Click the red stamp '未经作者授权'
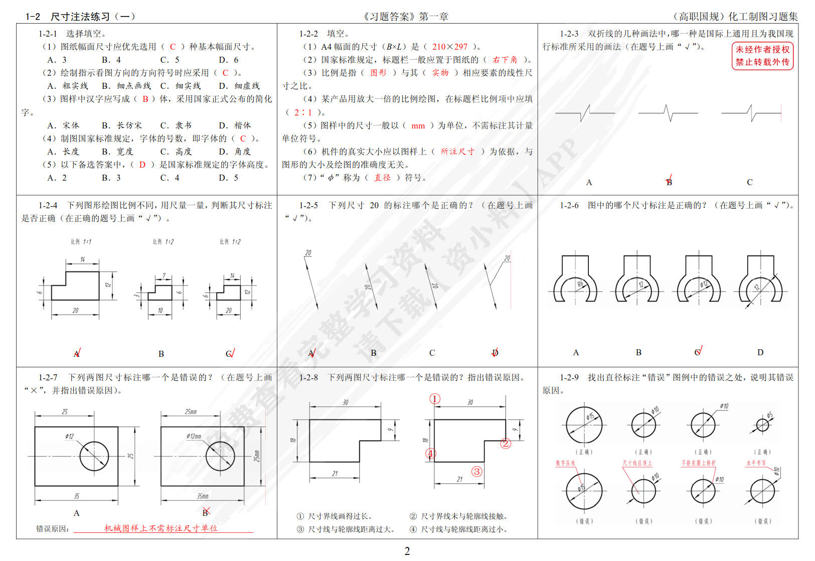click(762, 50)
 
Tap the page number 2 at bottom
click(407, 551)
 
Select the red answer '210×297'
click(449, 47)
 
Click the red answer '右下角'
click(505, 60)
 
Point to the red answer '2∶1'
click(303, 112)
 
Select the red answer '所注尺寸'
click(457, 152)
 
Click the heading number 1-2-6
click(569, 205)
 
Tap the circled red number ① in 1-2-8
click(435, 399)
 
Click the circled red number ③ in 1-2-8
click(476, 471)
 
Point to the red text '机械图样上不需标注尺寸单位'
click(160, 528)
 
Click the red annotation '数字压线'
click(565, 463)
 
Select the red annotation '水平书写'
click(755, 463)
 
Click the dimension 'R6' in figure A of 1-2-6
click(580, 285)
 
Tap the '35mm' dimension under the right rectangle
click(202, 496)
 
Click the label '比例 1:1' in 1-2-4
click(81, 241)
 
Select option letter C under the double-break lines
click(749, 182)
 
